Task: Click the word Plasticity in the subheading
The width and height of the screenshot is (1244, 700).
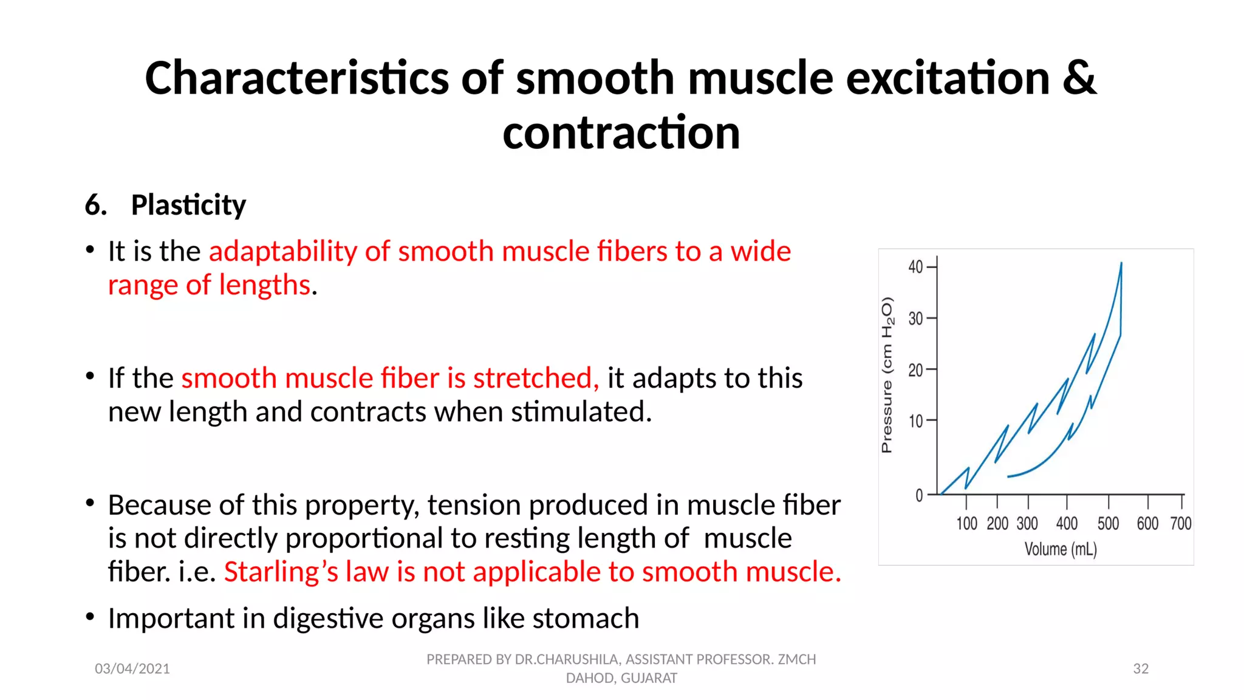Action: coord(188,205)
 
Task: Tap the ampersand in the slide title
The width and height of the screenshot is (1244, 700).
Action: coord(1079,78)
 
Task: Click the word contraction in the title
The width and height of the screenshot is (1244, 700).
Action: coord(621,133)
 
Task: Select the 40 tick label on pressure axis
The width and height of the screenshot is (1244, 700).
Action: coord(915,267)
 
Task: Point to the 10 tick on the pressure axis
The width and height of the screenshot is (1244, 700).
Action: coord(915,421)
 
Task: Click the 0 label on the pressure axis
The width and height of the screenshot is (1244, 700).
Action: coord(919,496)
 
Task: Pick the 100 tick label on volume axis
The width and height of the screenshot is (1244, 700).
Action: coord(966,524)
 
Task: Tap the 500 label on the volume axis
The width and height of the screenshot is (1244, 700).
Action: coord(1108,524)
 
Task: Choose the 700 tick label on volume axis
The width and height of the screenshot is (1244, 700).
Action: coord(1180,524)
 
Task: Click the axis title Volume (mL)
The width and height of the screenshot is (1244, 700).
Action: coord(1061,549)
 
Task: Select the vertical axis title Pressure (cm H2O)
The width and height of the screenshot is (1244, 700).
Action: coord(887,375)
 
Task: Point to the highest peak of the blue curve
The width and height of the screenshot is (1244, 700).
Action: coord(1121,263)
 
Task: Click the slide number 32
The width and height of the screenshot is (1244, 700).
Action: coord(1141,669)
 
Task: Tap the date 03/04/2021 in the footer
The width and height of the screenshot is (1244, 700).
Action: coord(132,669)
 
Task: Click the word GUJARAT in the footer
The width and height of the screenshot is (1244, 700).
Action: coord(649,678)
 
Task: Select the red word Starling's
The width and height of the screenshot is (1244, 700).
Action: coord(281,572)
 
